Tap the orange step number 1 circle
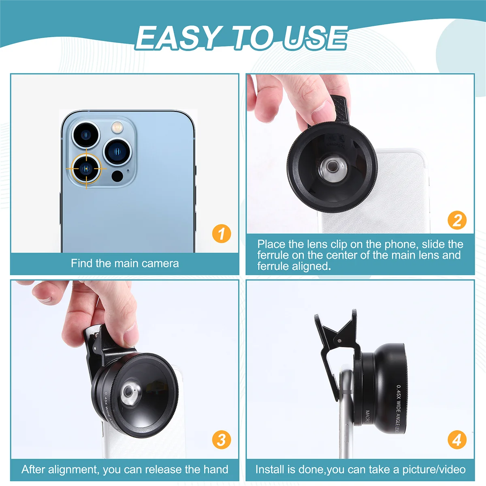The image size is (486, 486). (x=221, y=234)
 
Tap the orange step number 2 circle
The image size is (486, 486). (x=457, y=220)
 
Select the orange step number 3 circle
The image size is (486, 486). (x=221, y=440)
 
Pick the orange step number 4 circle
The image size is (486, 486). (x=457, y=440)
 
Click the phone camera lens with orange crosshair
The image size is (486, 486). (x=86, y=168)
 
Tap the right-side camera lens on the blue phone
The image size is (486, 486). (x=117, y=151)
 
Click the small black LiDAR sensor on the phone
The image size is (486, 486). (x=117, y=176)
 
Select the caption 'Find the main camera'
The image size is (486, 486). (x=125, y=263)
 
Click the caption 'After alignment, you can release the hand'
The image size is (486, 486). (x=125, y=469)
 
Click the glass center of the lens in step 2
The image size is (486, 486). (x=332, y=166)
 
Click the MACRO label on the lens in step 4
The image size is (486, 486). (x=367, y=417)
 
